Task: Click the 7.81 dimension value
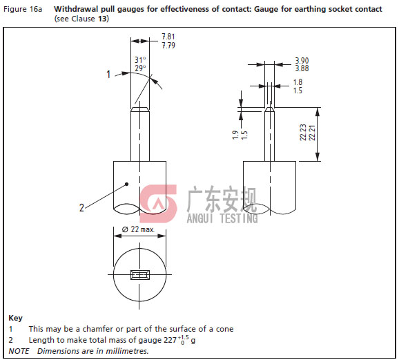pos(168,37)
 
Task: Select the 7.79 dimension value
pos(168,46)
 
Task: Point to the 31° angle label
pos(140,60)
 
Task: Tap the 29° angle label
pos(140,68)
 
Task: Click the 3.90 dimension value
pos(302,61)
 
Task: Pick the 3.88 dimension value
pos(302,68)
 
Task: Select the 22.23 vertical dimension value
pos(303,132)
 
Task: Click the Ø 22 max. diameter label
pos(138,229)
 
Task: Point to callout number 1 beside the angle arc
pos(108,75)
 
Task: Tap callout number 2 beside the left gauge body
pos(81,208)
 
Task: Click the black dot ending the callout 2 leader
pos(127,184)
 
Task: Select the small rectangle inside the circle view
pos(140,275)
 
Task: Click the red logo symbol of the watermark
pos(158,204)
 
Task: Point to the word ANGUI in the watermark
pos(199,218)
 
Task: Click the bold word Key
pos(15,318)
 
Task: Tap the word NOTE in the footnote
pos(19,351)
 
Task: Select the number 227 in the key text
pos(171,340)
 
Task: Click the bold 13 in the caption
pos(102,19)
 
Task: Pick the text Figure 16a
pos(23,10)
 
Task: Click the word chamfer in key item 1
pos(98,329)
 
